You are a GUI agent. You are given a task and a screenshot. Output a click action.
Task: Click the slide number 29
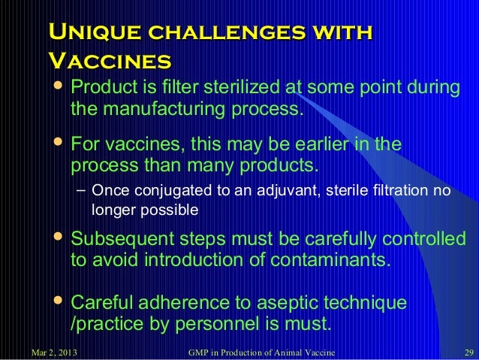[466, 352]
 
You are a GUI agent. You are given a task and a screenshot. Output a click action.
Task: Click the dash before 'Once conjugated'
[81, 190]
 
